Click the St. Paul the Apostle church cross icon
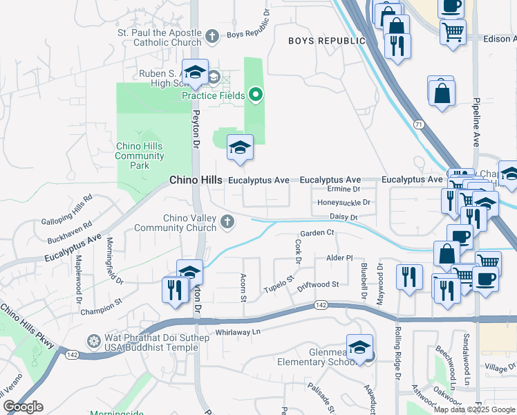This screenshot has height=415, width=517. coord(213,35)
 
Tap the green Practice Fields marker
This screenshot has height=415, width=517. coord(256,95)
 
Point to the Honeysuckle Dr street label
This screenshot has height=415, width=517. coord(344,203)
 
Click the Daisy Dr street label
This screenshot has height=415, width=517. coord(344,217)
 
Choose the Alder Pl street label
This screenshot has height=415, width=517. coord(339,257)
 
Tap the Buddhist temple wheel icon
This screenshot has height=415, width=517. coord(94,340)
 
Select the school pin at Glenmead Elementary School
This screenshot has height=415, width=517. coord(359,347)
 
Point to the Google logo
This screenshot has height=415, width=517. coord(23,407)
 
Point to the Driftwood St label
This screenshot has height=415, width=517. coord(318,284)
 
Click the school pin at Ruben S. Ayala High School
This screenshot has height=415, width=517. coord(195,73)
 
